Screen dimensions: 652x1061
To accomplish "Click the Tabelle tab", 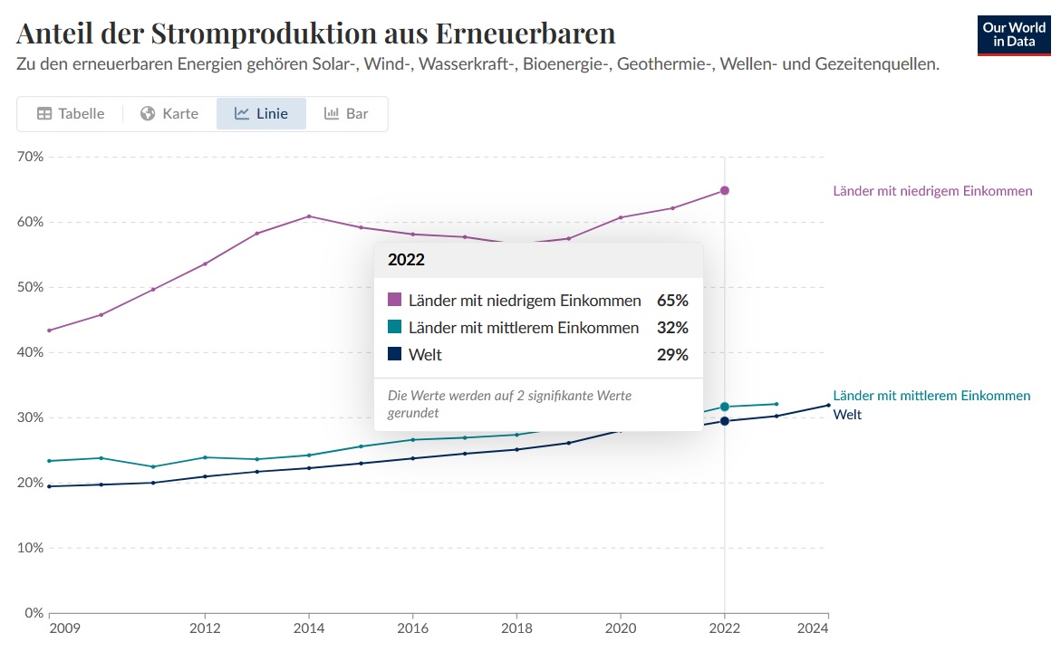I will coord(71,114).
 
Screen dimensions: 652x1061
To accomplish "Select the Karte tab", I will coord(169,114).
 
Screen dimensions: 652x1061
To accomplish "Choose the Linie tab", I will coord(261,114).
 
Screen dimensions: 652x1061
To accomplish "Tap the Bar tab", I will coord(346,114).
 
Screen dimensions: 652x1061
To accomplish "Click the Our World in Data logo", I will coord(1013,34).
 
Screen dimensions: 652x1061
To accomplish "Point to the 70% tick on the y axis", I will coord(31,157).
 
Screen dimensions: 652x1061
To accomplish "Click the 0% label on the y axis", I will coord(34,613).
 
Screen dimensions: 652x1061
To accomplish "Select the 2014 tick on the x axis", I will coord(309,628).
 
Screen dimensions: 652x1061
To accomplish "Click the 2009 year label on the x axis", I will coord(63,628).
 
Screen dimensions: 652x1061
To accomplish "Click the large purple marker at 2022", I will coord(725,190).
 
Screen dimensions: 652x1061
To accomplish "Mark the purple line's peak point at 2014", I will coord(309,216).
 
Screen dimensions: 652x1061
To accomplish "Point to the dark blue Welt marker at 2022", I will coord(725,421).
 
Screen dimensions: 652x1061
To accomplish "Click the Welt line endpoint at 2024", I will coord(828,405).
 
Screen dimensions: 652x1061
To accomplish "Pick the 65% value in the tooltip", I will coord(673,300).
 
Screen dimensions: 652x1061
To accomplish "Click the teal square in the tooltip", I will coord(394,327).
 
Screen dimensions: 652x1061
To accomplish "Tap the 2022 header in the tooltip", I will coord(406,260).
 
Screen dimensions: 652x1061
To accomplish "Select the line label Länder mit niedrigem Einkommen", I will coord(932,191).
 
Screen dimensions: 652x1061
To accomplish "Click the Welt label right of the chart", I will coord(847,415).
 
